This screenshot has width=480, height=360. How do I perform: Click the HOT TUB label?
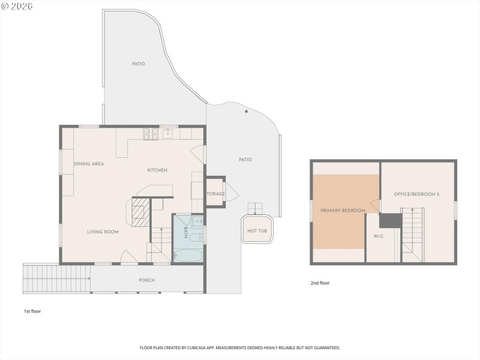257,230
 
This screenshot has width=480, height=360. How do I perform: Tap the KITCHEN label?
157,170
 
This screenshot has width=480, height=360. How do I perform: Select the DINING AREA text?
89,164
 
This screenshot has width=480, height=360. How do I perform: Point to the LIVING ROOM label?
103,232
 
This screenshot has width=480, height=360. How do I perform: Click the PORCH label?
147,280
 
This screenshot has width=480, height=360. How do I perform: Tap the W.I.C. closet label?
379,236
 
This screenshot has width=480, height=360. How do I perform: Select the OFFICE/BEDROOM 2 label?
417,194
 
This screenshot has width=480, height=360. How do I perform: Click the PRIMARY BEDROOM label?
343,211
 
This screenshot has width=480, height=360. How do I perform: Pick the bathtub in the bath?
188,255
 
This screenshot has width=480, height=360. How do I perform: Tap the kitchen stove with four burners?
150,133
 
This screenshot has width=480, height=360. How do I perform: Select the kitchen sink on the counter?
168,133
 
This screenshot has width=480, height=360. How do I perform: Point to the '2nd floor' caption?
320,283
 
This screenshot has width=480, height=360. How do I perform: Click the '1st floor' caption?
32,311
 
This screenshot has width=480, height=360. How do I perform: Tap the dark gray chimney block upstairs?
390,220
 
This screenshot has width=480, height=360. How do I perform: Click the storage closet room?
215,193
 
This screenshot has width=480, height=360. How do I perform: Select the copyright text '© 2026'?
17,6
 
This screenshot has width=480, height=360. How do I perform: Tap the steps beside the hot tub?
256,208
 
